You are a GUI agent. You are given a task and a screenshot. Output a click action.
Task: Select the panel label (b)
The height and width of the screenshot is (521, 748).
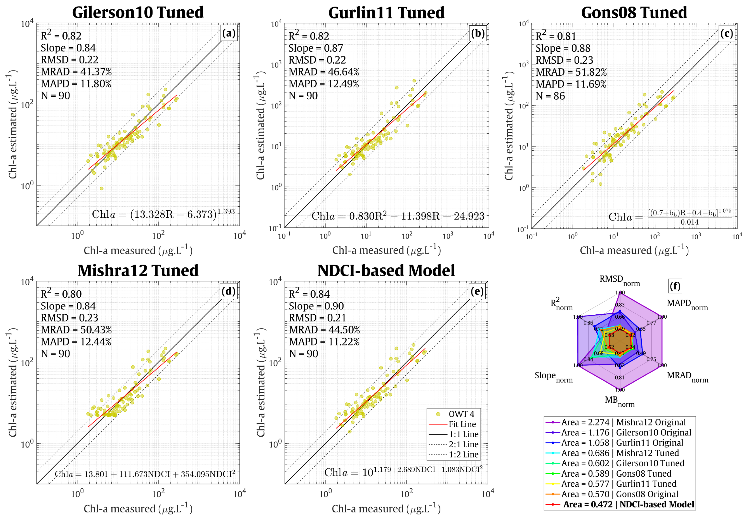pyautogui.click(x=478, y=33)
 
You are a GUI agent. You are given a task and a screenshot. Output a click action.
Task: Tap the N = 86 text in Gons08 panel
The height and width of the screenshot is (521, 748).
pyautogui.click(x=550, y=96)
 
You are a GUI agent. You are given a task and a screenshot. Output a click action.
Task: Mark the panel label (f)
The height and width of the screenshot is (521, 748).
pyautogui.click(x=675, y=286)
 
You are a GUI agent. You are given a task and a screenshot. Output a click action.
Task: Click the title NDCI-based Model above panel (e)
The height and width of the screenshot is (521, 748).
pyautogui.click(x=386, y=271)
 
